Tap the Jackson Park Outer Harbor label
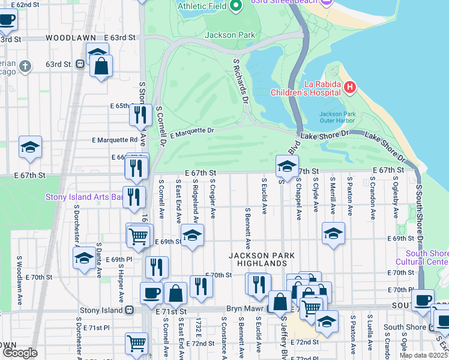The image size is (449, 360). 338,117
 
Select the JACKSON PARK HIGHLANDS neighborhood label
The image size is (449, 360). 262,259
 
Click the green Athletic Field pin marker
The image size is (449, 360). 236,6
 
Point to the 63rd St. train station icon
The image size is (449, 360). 79,64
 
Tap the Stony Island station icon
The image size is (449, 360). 128,311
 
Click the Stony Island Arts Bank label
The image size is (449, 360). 84,197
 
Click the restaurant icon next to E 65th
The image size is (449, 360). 141,114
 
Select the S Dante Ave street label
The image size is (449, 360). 98,260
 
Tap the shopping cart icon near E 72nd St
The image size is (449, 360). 136,343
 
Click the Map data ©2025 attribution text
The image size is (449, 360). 424,355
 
